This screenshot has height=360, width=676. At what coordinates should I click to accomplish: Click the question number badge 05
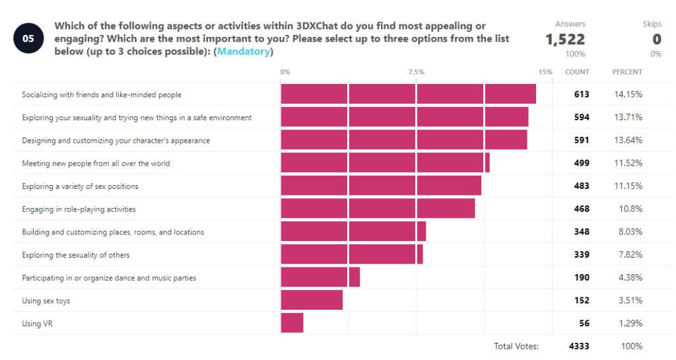tap(28, 38)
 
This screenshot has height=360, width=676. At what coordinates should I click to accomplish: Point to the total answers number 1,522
tap(565, 40)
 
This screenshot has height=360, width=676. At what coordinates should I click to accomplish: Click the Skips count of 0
tap(657, 40)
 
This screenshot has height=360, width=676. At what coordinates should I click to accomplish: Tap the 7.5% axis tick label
tap(416, 72)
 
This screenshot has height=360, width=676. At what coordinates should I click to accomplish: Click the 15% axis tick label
tap(545, 72)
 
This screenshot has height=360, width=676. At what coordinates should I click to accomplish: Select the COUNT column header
tap(577, 72)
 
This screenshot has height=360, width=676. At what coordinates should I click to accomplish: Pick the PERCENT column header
tap(627, 72)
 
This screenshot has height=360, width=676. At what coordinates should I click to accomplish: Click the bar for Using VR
tap(292, 323)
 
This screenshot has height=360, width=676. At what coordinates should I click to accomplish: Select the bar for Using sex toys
tap(312, 301)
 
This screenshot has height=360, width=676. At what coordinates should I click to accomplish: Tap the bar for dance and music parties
tap(320, 277)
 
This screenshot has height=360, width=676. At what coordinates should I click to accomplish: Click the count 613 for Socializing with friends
tap(582, 94)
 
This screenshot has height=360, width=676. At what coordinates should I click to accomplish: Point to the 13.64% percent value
tap(628, 141)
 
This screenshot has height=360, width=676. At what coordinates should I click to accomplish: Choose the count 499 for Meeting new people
tap(582, 163)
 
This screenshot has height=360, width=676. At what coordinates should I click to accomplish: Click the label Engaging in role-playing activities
tap(79, 209)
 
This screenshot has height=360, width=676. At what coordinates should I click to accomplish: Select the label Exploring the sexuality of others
tap(76, 255)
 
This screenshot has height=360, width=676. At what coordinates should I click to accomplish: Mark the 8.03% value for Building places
tap(628, 232)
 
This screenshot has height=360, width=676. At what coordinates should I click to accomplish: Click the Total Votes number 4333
tap(579, 346)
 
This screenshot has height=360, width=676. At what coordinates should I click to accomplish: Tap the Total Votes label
tap(516, 346)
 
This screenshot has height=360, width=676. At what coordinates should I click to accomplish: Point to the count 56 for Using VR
tap(584, 323)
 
